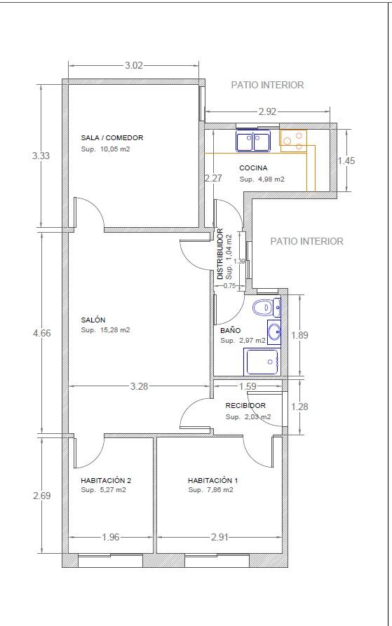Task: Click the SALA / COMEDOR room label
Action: (111, 137)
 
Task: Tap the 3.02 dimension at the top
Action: (134, 65)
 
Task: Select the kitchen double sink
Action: (253, 141)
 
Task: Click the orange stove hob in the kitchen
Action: (293, 141)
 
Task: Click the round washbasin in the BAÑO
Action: (274, 332)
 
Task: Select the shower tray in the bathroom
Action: (262, 362)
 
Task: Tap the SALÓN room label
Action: (93, 320)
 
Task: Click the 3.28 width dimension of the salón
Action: (139, 386)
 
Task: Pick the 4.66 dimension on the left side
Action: (42, 333)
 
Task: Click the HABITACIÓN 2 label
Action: (106, 480)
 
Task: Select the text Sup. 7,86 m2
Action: (211, 490)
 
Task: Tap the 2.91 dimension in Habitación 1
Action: (219, 538)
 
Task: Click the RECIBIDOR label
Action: (245, 406)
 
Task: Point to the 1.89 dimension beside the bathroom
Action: (299, 335)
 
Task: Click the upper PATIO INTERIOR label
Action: (267, 85)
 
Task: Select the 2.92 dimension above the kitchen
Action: (267, 111)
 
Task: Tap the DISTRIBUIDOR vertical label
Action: (220, 254)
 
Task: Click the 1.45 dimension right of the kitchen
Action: (346, 161)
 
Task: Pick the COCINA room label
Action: (253, 168)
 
